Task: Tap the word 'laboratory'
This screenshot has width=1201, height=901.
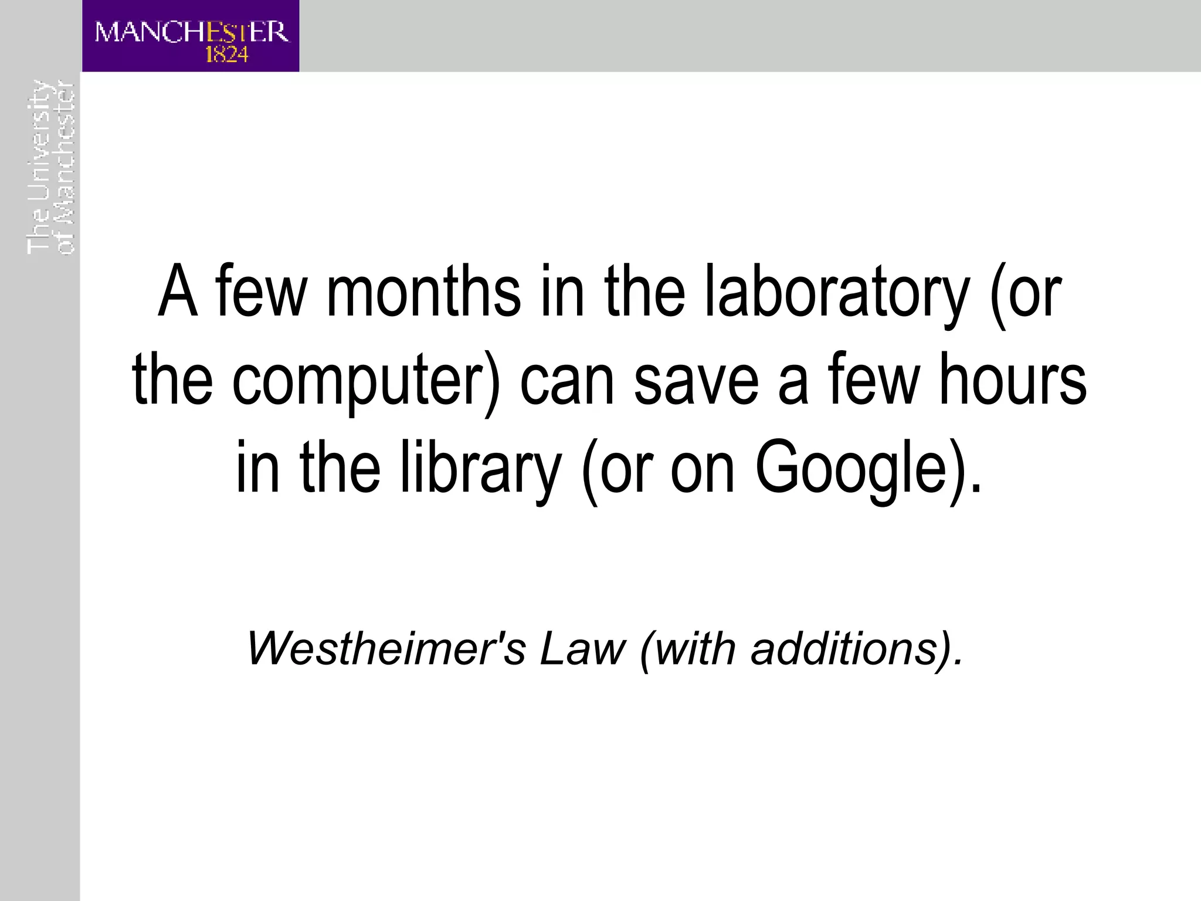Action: click(x=837, y=292)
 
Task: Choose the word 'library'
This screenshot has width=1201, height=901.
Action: click(x=480, y=468)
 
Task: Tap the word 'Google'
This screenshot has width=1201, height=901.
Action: click(x=850, y=468)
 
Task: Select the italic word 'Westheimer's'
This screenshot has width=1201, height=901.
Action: click(x=386, y=649)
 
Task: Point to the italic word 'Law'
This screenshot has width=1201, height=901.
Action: click(x=583, y=649)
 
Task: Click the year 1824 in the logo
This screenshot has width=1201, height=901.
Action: click(x=227, y=55)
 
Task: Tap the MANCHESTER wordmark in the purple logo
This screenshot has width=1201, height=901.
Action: click(x=191, y=32)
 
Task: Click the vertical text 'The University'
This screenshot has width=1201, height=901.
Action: click(x=38, y=167)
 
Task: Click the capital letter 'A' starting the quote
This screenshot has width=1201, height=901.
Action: click(x=177, y=292)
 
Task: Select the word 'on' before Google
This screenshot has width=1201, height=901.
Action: click(x=702, y=468)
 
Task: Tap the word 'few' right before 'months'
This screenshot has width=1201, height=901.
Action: click(x=260, y=292)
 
